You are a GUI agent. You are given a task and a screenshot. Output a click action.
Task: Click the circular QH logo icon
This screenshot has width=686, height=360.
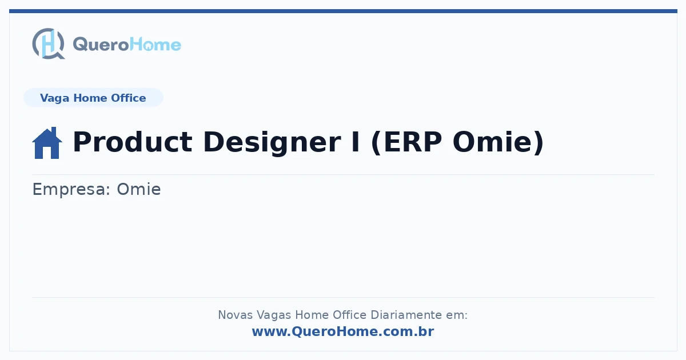(x=49, y=43)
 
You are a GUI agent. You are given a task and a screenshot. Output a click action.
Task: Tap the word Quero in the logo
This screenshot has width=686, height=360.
(x=101, y=45)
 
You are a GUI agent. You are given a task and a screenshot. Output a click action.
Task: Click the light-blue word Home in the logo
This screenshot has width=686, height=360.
(x=155, y=45)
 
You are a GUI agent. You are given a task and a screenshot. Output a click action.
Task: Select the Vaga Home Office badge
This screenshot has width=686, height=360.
(x=93, y=98)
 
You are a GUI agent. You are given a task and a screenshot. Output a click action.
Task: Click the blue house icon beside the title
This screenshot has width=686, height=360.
(x=47, y=143)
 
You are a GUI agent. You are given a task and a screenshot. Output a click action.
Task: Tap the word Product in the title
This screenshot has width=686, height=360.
(x=132, y=142)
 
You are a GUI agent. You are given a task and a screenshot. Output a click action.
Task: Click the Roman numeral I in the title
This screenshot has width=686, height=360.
(x=356, y=142)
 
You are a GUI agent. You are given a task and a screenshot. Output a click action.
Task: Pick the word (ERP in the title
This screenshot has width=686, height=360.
(x=406, y=142)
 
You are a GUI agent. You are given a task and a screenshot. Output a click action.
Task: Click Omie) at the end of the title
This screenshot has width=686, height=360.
(x=498, y=142)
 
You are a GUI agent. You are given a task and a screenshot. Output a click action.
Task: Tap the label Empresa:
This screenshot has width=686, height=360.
(x=71, y=190)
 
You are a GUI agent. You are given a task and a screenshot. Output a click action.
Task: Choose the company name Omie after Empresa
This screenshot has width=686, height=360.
(x=139, y=189)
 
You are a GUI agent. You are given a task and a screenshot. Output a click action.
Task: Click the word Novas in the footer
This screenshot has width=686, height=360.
(x=235, y=315)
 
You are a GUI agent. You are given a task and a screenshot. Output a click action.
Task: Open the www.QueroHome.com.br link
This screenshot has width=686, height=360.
(x=343, y=331)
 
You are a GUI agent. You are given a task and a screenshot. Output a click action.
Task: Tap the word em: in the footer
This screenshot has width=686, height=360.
(x=457, y=315)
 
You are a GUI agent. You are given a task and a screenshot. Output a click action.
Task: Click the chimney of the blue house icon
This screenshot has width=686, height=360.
(x=54, y=131)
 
